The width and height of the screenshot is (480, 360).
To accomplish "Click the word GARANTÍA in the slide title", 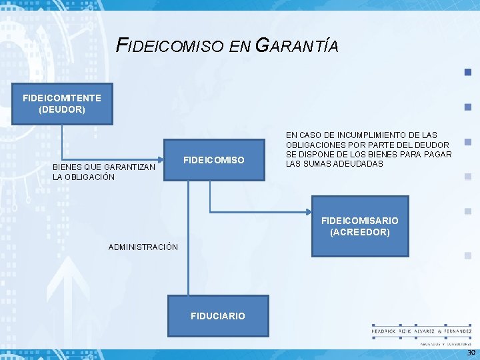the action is click(297, 46).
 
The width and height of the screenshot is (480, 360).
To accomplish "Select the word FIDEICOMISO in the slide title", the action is click(170, 46).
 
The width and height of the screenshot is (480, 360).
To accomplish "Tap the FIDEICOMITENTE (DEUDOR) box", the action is click(62, 103).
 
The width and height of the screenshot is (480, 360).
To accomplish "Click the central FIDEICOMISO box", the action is click(214, 160).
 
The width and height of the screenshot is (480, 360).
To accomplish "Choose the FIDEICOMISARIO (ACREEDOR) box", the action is click(360, 226).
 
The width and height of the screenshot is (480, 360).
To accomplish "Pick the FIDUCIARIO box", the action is click(218, 315).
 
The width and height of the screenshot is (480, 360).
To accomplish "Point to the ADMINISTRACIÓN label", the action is click(143, 247).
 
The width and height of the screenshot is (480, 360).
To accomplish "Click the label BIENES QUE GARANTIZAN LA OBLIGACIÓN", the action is click(104, 171).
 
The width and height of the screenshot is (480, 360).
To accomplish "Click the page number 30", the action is click(471, 353).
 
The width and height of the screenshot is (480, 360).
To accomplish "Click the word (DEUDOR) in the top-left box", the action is click(62, 109).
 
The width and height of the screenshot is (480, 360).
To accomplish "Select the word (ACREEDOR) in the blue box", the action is click(360, 232).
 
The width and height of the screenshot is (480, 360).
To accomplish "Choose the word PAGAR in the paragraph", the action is click(437, 155).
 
